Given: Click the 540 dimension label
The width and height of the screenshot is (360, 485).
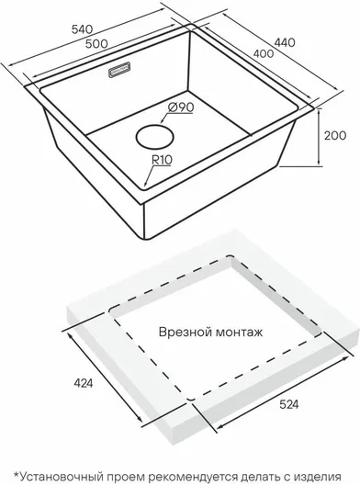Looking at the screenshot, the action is tap(82, 29).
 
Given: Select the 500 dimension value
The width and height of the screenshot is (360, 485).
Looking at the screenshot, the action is tap(96, 43).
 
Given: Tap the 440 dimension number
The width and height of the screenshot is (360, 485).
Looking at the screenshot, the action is tap(285, 42).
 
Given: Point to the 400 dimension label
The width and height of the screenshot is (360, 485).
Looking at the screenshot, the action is tap(264, 54).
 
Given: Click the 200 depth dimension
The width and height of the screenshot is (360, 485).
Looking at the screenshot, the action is tap(335, 135).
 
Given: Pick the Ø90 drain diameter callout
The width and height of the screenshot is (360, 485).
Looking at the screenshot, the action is tap(181, 107).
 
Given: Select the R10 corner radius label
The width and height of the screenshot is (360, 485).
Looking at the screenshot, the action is tap(162, 160).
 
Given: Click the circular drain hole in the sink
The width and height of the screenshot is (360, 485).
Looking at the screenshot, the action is tap(154, 137).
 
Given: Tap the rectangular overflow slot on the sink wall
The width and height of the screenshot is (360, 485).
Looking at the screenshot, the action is tap(119, 70).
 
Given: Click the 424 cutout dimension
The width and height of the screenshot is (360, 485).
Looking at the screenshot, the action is tap(84, 383).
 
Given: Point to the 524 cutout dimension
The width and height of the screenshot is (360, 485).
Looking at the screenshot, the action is tap(289, 404).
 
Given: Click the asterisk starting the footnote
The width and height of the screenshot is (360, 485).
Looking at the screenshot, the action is tap(16, 474).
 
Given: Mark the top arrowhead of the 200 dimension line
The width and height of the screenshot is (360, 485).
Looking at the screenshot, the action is tap(319, 112).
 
